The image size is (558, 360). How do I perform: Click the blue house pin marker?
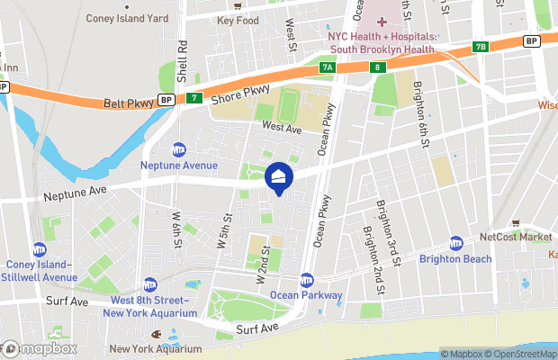[279, 177]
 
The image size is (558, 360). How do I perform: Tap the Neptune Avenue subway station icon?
[179, 149]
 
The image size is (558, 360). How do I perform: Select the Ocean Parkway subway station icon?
[307, 279]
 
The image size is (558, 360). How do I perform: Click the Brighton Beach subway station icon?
[456, 244]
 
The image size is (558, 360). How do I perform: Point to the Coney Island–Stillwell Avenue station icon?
[39, 249]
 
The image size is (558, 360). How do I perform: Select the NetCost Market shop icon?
[515, 222]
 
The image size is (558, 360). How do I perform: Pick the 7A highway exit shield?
[327, 67]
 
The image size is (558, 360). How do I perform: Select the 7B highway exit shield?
[480, 47]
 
